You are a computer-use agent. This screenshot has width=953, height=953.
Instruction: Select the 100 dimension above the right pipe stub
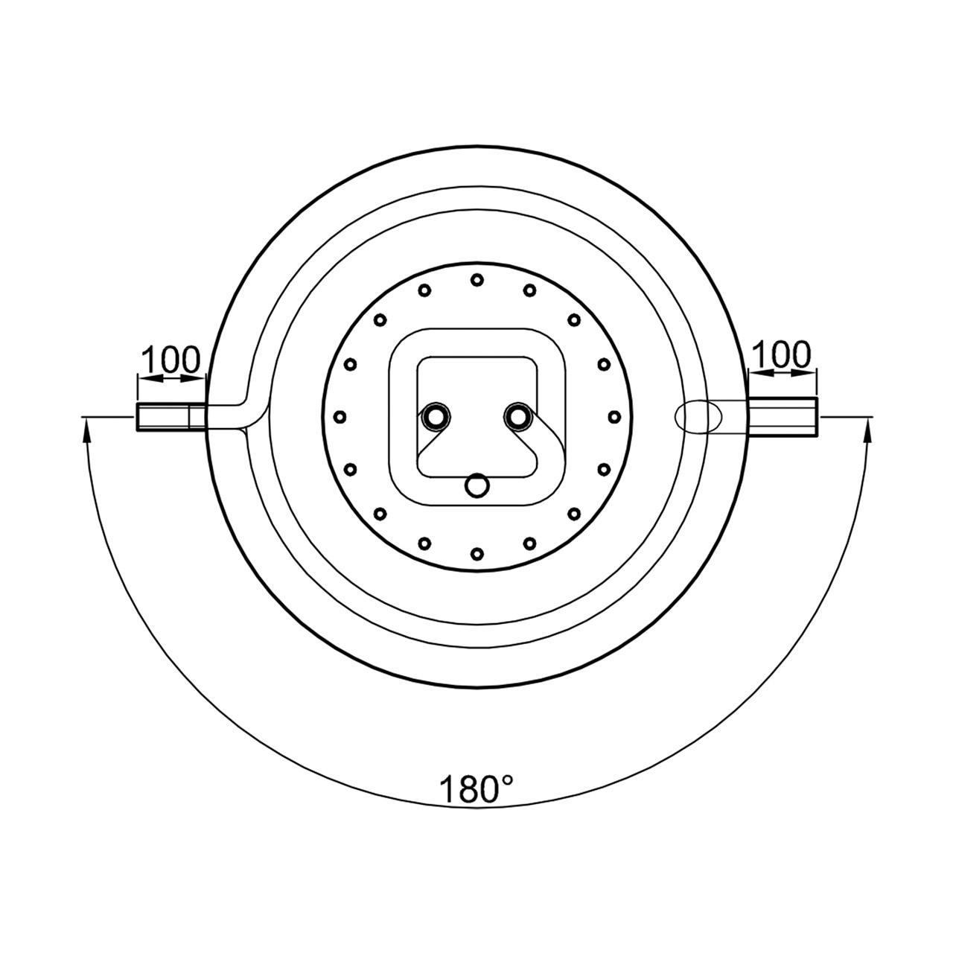coord(782,354)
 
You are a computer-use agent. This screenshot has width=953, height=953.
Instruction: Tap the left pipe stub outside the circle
coord(171,418)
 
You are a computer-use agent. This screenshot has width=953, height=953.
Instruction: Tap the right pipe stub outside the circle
coord(783,416)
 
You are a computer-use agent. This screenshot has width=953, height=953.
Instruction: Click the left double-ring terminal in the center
coord(436,418)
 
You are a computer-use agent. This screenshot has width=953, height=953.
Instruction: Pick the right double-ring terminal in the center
coord(517,418)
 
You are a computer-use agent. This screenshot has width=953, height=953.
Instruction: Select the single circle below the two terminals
coord(477,485)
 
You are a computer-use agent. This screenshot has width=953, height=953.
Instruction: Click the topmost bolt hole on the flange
coord(476,281)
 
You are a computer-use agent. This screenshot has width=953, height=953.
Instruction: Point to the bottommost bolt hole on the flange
coord(476,553)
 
